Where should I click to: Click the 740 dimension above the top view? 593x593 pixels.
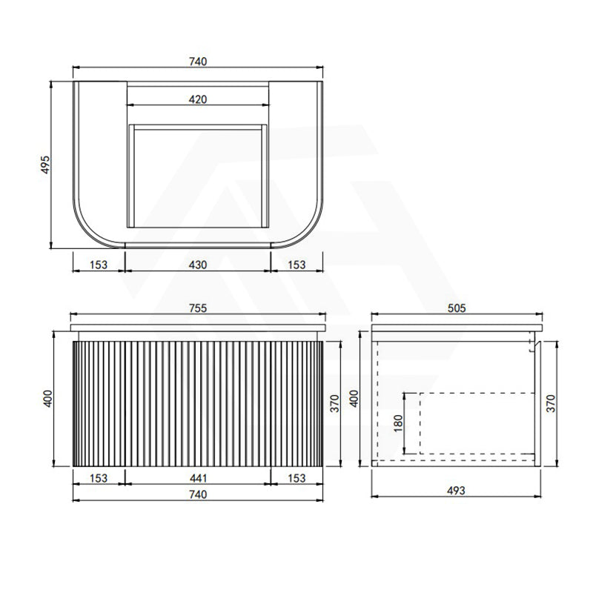[198, 62]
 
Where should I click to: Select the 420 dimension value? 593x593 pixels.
[198, 99]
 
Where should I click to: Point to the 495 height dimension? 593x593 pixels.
[45, 165]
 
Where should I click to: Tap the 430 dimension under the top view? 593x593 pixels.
[198, 265]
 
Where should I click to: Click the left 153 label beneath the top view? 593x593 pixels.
[99, 265]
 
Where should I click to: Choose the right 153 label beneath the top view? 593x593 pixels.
[296, 265]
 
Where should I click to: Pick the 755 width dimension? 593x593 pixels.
[198, 308]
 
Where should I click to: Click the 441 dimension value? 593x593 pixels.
[198, 478]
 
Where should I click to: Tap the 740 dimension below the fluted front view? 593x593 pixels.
[198, 494]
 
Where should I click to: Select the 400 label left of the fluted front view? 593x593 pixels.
[48, 399]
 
